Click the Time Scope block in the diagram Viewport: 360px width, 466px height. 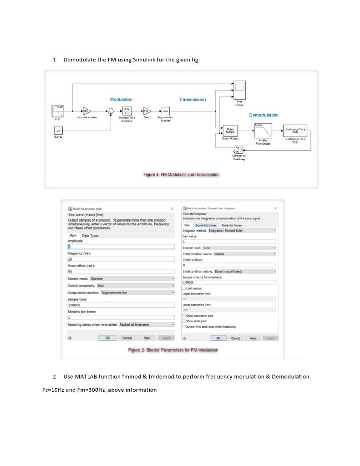(x=239, y=88)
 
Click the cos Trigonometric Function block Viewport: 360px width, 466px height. (x=164, y=110)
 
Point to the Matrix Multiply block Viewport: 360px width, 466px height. (x=230, y=131)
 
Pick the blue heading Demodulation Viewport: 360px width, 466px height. (x=263, y=115)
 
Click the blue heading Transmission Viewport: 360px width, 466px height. (x=192, y=99)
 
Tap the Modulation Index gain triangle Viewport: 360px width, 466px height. (x=86, y=111)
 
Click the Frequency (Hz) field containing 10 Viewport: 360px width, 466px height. (x=121, y=259)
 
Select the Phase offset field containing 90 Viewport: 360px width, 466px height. (x=121, y=271)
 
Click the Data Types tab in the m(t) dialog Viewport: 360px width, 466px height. (x=90, y=235)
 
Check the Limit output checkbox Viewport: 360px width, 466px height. (x=184, y=288)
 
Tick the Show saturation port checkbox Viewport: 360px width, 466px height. (x=184, y=315)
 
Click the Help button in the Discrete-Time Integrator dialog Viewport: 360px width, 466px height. (x=253, y=338)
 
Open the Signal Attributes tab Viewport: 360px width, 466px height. (x=206, y=225)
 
